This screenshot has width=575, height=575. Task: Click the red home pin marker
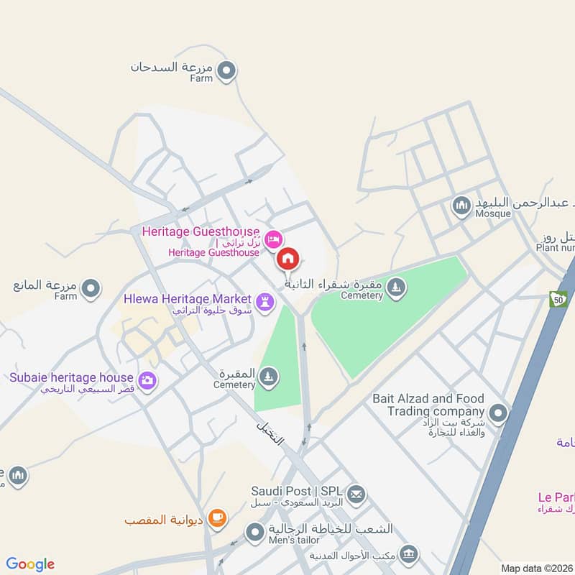[x=288, y=259]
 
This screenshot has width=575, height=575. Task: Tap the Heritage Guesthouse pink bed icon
[x=272, y=239]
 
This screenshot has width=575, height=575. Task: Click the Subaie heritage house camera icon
[x=147, y=380]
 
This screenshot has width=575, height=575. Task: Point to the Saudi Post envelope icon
[x=356, y=494]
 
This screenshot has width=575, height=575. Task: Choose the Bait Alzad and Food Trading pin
[x=497, y=413]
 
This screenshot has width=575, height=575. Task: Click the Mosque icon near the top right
[x=461, y=207]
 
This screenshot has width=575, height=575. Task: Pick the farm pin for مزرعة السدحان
[x=227, y=70]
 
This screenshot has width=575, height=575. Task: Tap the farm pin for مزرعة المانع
[x=91, y=289]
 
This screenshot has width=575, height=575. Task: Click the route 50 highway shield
[x=558, y=298]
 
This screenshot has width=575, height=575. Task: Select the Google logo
[x=30, y=564]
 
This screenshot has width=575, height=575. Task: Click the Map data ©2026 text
[x=535, y=568]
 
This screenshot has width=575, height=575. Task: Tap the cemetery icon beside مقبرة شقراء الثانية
[x=395, y=289]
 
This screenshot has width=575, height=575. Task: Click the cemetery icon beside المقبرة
[x=268, y=377]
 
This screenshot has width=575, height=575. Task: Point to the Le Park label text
[x=556, y=497]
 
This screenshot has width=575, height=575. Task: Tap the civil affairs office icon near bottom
[x=409, y=553]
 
